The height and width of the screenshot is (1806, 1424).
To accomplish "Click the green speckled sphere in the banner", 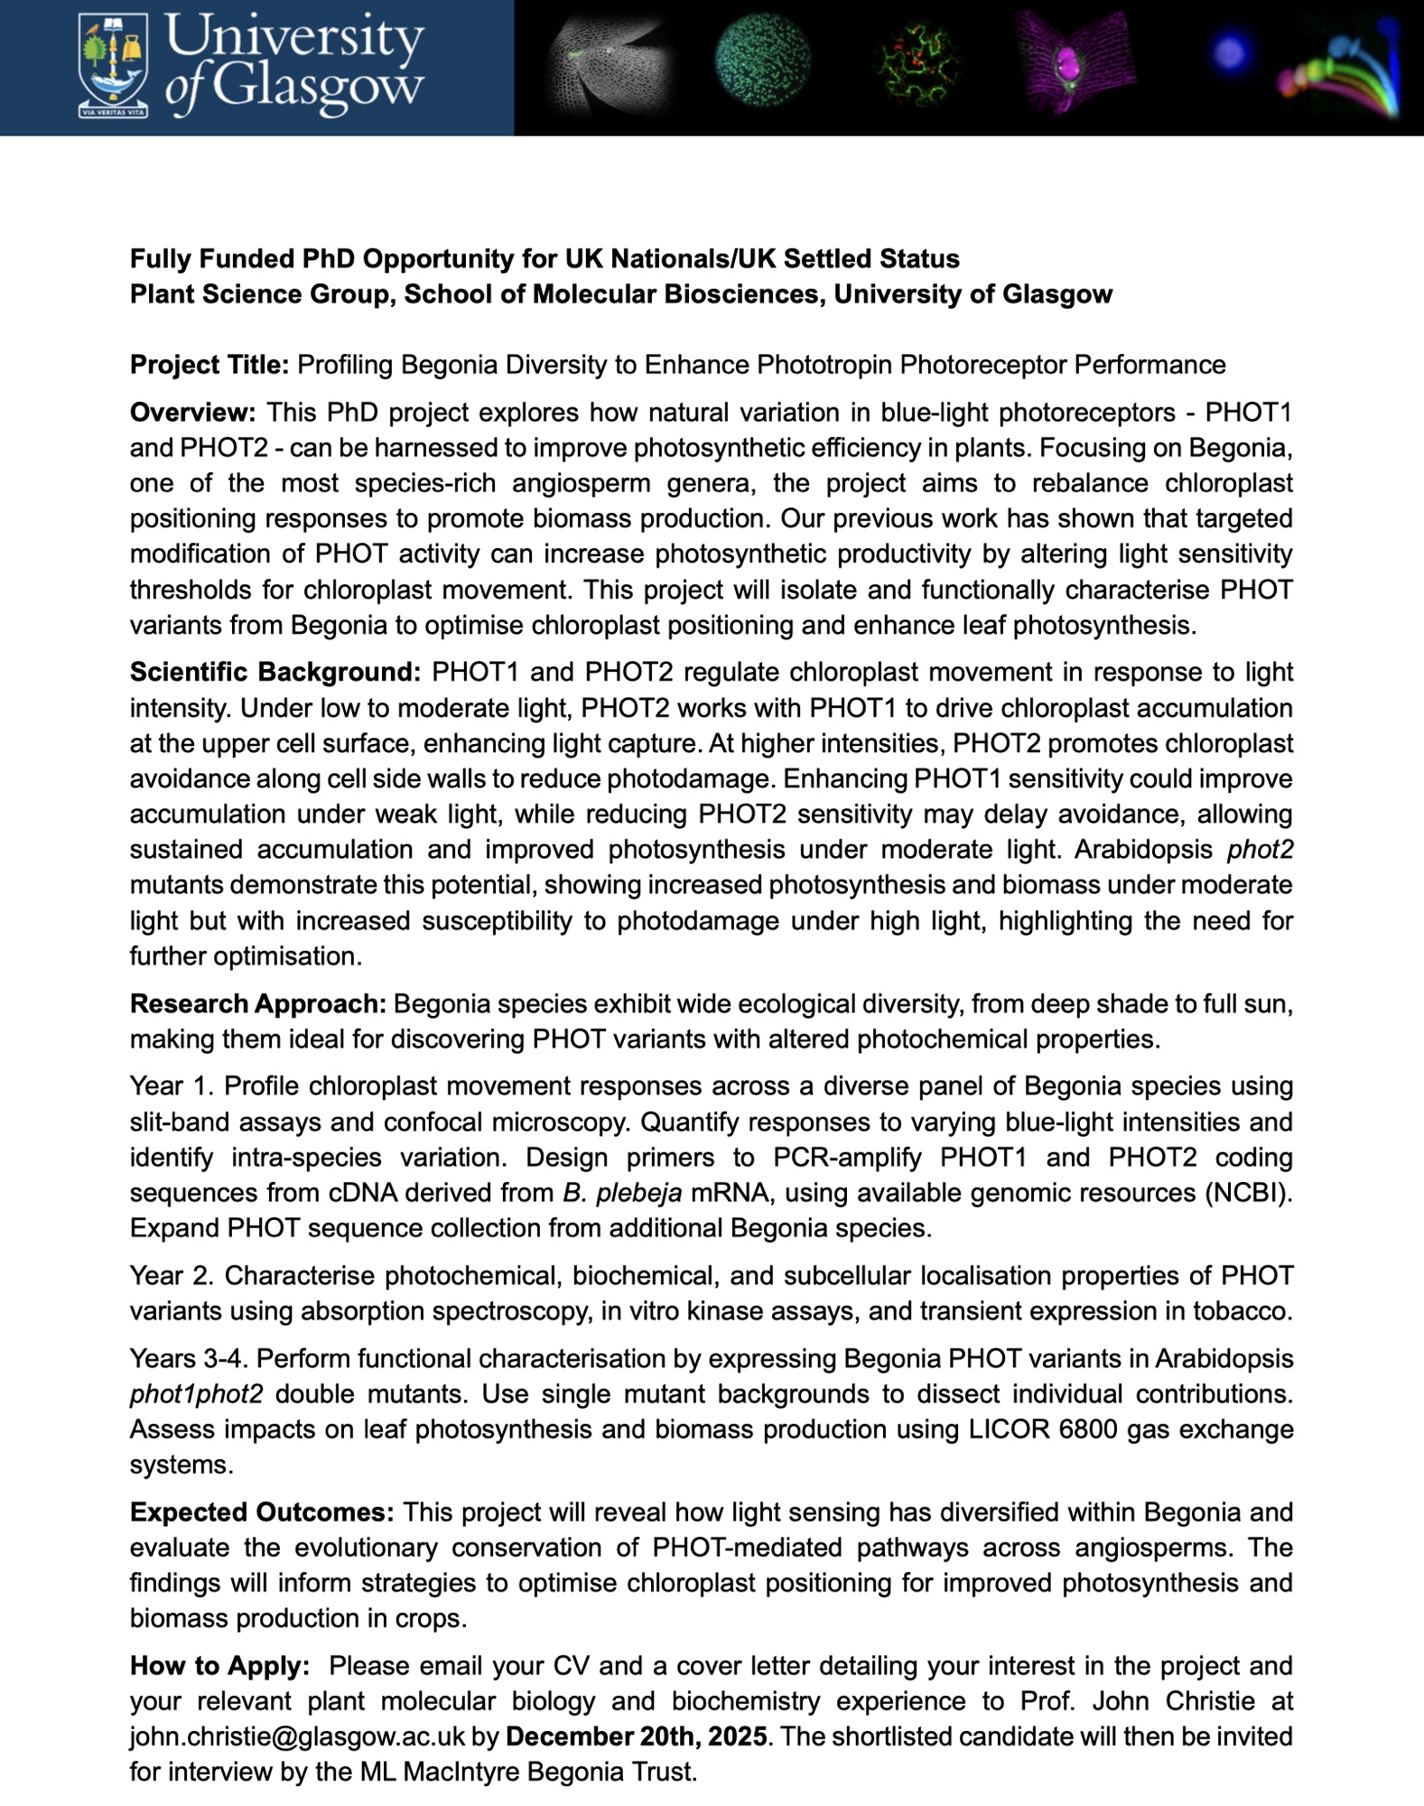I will coord(761,60).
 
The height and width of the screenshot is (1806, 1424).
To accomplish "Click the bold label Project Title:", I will coord(209,365).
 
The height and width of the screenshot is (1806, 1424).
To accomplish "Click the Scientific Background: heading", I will coord(275,672).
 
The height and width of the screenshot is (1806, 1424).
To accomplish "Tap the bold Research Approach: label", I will coord(258,1003).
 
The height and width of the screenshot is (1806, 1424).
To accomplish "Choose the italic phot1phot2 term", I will coord(196,1394).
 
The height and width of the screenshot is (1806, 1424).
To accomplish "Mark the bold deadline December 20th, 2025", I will coord(636,1736).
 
